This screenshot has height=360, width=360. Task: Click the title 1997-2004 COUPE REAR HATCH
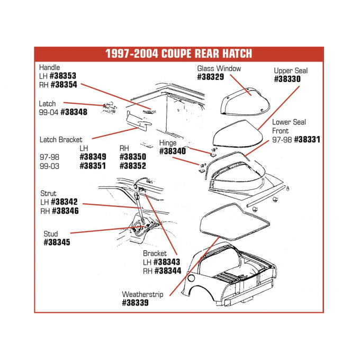pyautogui.click(x=178, y=54)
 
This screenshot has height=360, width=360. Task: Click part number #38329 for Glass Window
pyautogui.click(x=210, y=77)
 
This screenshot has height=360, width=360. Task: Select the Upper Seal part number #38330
pyautogui.click(x=287, y=79)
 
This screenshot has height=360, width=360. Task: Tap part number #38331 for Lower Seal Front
pyautogui.click(x=307, y=140)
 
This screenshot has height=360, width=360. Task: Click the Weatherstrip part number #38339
pyautogui.click(x=135, y=303)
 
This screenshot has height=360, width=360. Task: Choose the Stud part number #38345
pyautogui.click(x=57, y=242)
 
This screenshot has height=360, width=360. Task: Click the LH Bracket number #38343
pyautogui.click(x=167, y=262)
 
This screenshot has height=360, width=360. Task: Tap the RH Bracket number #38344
pyautogui.click(x=167, y=271)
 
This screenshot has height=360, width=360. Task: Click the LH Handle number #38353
pyautogui.click(x=64, y=76)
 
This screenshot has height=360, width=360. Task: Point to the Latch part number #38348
pyautogui.click(x=74, y=112)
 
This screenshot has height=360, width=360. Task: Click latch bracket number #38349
pyautogui.click(x=93, y=157)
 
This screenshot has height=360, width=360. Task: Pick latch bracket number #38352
pyautogui.click(x=132, y=165)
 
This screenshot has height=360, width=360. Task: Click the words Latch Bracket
pyautogui.click(x=61, y=140)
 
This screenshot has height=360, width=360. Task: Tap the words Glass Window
pyautogui.click(x=219, y=68)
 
